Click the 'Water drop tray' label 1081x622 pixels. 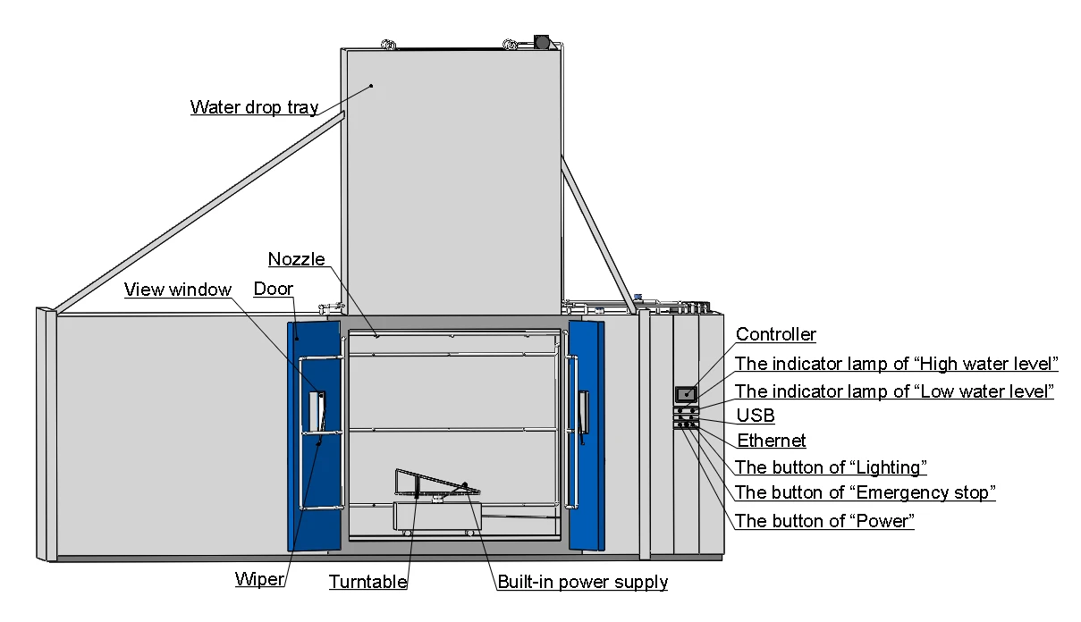click(x=254, y=107)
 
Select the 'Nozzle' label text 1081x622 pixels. click(x=296, y=259)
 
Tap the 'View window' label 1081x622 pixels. click(x=178, y=290)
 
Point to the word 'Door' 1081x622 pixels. click(x=273, y=289)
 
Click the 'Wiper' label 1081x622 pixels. click(x=259, y=578)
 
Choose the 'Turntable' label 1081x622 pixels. click(x=367, y=582)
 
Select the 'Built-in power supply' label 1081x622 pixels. click(x=582, y=582)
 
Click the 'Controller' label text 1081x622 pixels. click(x=775, y=334)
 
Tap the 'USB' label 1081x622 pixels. click(x=756, y=416)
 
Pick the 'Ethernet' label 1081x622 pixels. click(x=771, y=441)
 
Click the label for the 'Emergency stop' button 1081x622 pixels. click(x=865, y=492)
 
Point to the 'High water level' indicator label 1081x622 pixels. click(x=896, y=364)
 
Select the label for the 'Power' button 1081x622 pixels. click(x=824, y=521)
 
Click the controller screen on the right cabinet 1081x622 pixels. click(x=686, y=394)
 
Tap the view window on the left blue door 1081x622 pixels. click(x=317, y=411)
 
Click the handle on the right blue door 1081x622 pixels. click(x=584, y=413)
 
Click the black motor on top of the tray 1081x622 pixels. click(x=542, y=41)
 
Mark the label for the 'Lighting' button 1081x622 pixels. click(x=831, y=467)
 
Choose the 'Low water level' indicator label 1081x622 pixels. click(x=894, y=391)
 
